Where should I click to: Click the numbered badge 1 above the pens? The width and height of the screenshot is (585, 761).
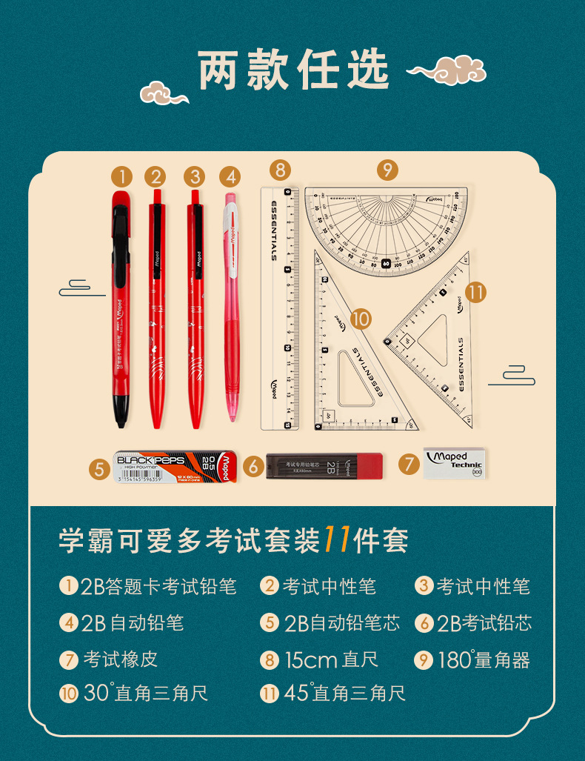tap(121, 177)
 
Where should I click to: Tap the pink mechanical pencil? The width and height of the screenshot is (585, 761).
tap(230, 304)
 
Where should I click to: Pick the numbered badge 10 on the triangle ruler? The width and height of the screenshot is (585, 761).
tap(360, 319)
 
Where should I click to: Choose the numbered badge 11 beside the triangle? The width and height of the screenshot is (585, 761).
tap(475, 292)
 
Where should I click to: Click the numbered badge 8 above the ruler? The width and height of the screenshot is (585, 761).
tap(280, 170)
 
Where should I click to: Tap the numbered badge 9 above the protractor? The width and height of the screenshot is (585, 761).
tap(387, 170)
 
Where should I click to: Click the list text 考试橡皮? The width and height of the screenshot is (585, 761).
tap(120, 659)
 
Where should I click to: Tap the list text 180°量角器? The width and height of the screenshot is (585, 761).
tap(484, 659)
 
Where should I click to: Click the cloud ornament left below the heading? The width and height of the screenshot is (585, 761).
tap(164, 93)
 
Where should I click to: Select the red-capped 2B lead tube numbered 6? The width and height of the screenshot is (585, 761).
tap(325, 466)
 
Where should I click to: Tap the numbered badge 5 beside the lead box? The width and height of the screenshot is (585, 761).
tap(99, 468)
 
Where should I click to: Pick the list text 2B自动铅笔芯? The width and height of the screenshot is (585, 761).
tap(341, 622)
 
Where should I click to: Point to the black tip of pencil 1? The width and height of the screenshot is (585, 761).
tap(120, 412)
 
